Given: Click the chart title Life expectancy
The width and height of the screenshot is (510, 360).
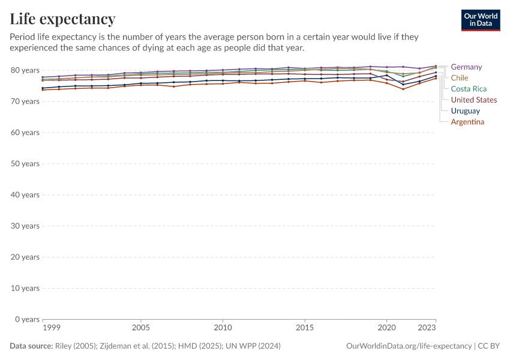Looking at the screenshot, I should pyautogui.click(x=62, y=19).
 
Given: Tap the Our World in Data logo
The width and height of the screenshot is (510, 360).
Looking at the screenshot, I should pyautogui.click(x=480, y=20).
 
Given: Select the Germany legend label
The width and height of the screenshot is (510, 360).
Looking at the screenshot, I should pyautogui.click(x=466, y=67).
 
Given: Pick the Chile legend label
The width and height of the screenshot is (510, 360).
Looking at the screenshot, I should pyautogui.click(x=460, y=78).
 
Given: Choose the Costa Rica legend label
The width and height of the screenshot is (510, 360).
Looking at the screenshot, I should pyautogui.click(x=469, y=89).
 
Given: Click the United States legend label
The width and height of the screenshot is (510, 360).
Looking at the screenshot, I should pyautogui.click(x=474, y=100).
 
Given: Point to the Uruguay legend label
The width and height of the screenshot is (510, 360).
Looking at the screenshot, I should pyautogui.click(x=465, y=111).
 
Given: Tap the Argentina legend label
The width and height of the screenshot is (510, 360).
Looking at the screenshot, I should pyautogui.click(x=467, y=122).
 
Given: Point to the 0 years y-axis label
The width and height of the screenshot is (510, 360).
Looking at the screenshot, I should pyautogui.click(x=27, y=319).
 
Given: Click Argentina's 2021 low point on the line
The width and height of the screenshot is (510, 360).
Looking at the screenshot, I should pyautogui.click(x=403, y=89).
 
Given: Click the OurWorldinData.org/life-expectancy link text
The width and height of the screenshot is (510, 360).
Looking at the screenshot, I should pyautogui.click(x=409, y=346).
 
